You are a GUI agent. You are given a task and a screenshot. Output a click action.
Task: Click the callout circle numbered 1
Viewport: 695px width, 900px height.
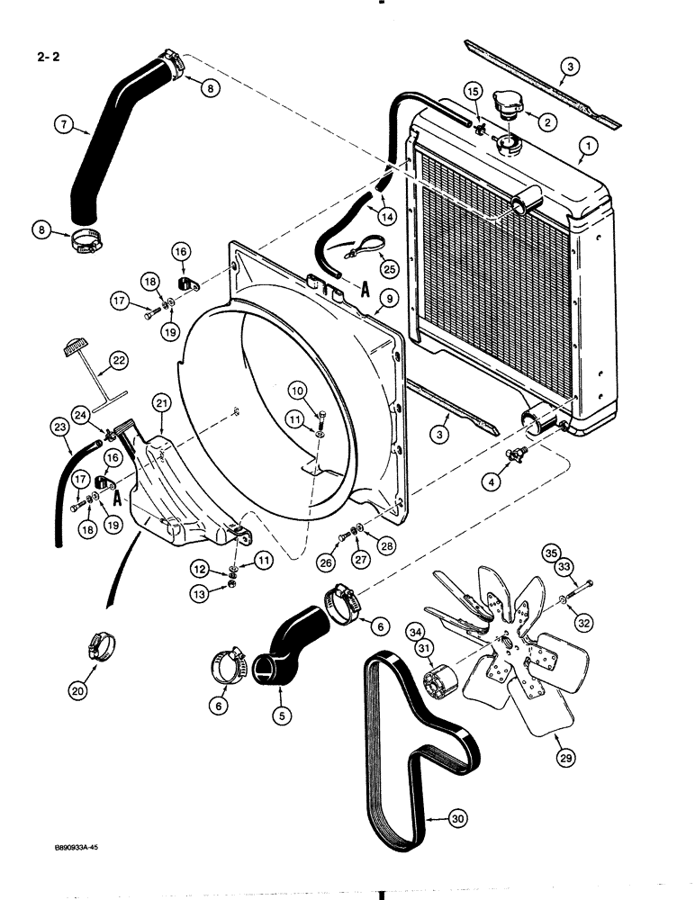(587, 144)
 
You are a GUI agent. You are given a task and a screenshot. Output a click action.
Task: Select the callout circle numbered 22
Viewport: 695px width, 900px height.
(118, 361)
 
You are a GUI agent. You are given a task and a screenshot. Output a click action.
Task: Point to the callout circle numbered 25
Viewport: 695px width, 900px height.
(388, 266)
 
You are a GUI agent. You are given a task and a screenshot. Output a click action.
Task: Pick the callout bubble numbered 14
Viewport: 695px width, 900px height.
(386, 216)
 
